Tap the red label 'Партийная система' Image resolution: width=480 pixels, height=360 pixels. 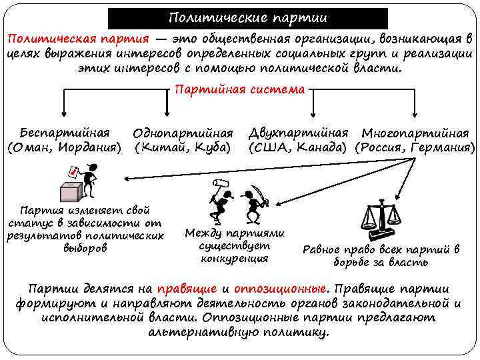tap(239, 89)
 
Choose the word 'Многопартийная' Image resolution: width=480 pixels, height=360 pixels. tap(415, 133)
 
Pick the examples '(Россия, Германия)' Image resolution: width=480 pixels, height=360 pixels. tap(415, 147)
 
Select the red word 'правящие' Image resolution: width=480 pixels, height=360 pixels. tap(186, 289)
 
